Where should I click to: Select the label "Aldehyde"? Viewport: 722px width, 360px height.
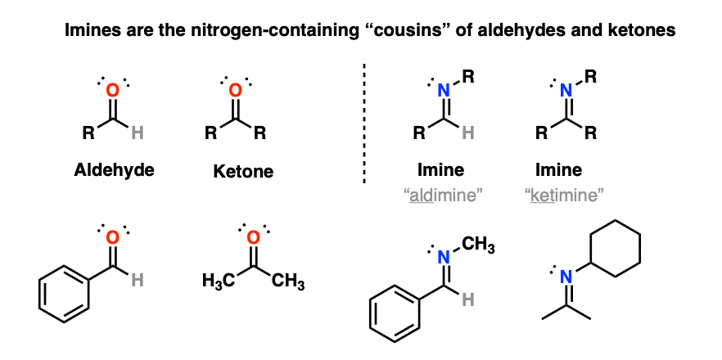tap(114, 170)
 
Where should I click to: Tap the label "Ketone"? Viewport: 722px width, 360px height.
tap(243, 171)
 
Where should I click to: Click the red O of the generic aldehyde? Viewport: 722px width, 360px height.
tap(113, 90)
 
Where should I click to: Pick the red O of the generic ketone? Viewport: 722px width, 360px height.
tap(236, 90)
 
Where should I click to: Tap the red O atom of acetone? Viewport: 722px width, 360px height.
tap(252, 237)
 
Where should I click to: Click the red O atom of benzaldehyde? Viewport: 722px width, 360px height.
tap(113, 237)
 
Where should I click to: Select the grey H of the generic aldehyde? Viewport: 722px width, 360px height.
tap(138, 133)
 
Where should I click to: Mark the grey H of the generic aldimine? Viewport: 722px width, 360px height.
tap(468, 133)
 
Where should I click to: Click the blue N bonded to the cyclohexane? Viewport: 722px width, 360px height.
tap(566, 277)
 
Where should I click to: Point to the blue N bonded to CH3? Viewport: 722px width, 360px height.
tap(444, 258)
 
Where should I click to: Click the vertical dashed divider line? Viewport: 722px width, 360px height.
tap(364, 124)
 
